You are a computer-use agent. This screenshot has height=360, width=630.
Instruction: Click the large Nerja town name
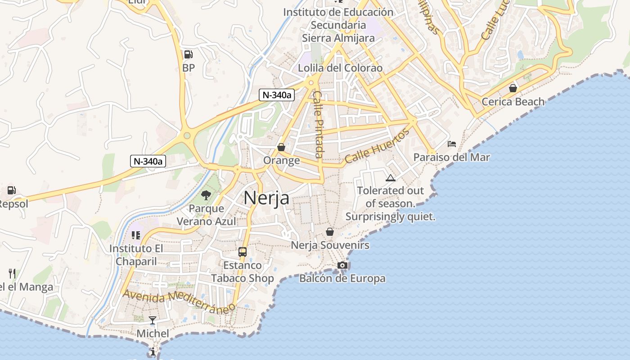(x=266, y=198)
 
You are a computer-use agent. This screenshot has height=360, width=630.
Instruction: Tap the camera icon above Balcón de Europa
(x=342, y=265)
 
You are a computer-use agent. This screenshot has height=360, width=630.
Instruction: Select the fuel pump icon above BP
(x=189, y=55)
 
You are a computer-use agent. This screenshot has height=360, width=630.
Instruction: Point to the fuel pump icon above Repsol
(x=12, y=190)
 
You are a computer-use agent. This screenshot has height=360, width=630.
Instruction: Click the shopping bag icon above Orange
(x=281, y=147)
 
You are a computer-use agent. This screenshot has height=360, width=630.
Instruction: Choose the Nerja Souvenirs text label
(x=330, y=245)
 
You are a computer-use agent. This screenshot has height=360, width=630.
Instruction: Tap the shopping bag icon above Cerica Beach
(x=513, y=88)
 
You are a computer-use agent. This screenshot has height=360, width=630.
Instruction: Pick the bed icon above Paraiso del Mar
(x=452, y=144)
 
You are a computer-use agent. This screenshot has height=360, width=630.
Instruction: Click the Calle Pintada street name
(x=318, y=124)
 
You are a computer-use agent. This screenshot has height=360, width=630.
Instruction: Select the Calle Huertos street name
(x=378, y=146)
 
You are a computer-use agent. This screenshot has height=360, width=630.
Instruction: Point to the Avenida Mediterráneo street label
(x=179, y=301)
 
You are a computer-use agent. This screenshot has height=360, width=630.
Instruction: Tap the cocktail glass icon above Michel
(x=153, y=320)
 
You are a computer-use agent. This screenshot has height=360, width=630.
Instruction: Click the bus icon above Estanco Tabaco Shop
(x=243, y=252)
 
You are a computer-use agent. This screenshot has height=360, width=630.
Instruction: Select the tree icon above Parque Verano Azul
(x=206, y=195)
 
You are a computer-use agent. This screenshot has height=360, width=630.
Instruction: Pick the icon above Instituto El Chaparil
(x=136, y=235)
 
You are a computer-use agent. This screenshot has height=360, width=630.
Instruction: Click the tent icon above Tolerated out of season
(x=390, y=178)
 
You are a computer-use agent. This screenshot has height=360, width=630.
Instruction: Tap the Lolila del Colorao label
(x=340, y=68)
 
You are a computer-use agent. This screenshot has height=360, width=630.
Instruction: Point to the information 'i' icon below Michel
(x=153, y=351)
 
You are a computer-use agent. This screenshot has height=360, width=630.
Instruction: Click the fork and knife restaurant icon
(x=12, y=273)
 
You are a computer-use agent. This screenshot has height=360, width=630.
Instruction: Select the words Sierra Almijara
(x=338, y=38)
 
